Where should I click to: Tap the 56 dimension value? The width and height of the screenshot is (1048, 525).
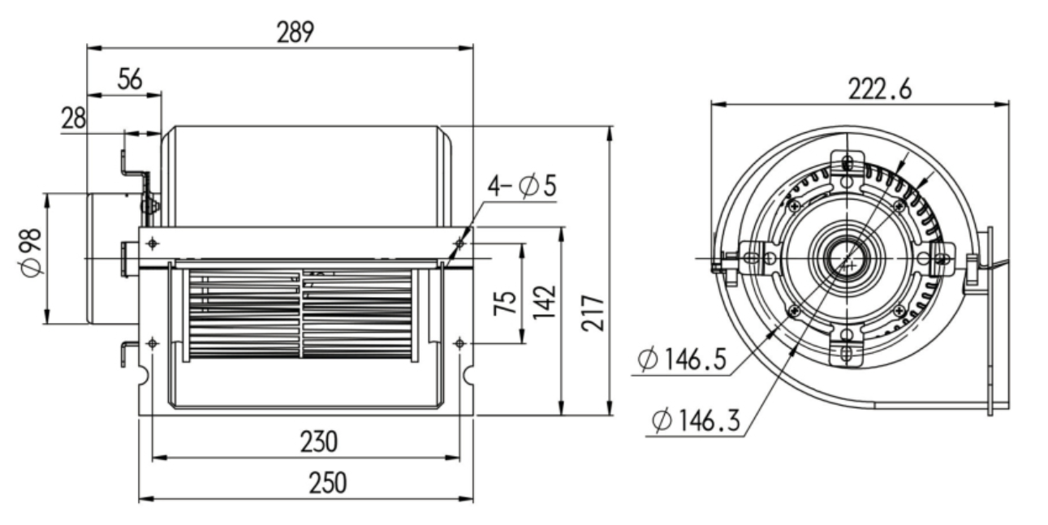pos(129,79)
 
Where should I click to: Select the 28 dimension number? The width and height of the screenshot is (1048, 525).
pos(74,118)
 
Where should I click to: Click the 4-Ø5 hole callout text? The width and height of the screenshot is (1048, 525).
pos(521,187)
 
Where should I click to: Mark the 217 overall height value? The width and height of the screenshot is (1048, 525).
pos(595,312)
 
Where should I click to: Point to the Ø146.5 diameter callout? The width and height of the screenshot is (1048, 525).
pos(681,359)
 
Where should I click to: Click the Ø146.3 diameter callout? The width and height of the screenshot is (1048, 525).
pos(697,420)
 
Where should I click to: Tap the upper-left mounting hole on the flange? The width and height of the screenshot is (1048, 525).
pos(153,243)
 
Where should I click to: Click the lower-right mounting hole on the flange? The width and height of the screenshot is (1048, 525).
pos(460,342)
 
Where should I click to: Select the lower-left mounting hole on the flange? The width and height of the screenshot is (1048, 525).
pos(153,343)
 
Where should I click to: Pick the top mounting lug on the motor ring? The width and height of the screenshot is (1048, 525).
pos(847,162)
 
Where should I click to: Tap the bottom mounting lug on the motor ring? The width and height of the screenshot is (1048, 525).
pos(847,352)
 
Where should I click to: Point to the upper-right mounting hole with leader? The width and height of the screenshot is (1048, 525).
pos(460,243)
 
